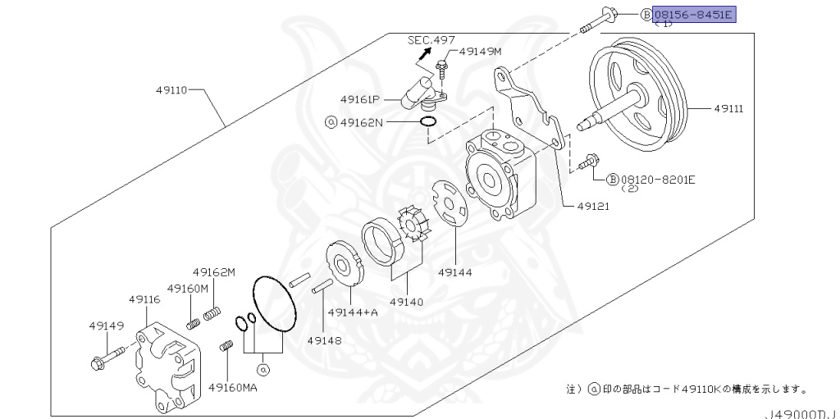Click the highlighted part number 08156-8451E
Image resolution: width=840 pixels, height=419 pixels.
tap(693, 15)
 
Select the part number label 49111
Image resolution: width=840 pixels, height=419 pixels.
tap(728, 107)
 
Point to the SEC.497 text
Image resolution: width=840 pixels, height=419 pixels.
tap(431, 39)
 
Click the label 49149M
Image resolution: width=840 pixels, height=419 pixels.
tap(480, 51)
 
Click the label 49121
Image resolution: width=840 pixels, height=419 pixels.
tap(591, 206)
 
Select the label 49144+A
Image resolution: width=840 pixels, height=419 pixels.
tap(352, 312)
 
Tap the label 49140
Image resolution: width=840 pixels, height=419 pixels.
tap(406, 302)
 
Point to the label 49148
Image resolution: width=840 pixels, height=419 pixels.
tap(324, 339)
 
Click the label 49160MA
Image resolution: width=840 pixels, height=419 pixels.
tap(232, 387)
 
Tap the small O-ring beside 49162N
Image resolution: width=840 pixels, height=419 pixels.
tap(427, 123)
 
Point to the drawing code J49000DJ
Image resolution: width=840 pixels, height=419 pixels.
tap(802, 414)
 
